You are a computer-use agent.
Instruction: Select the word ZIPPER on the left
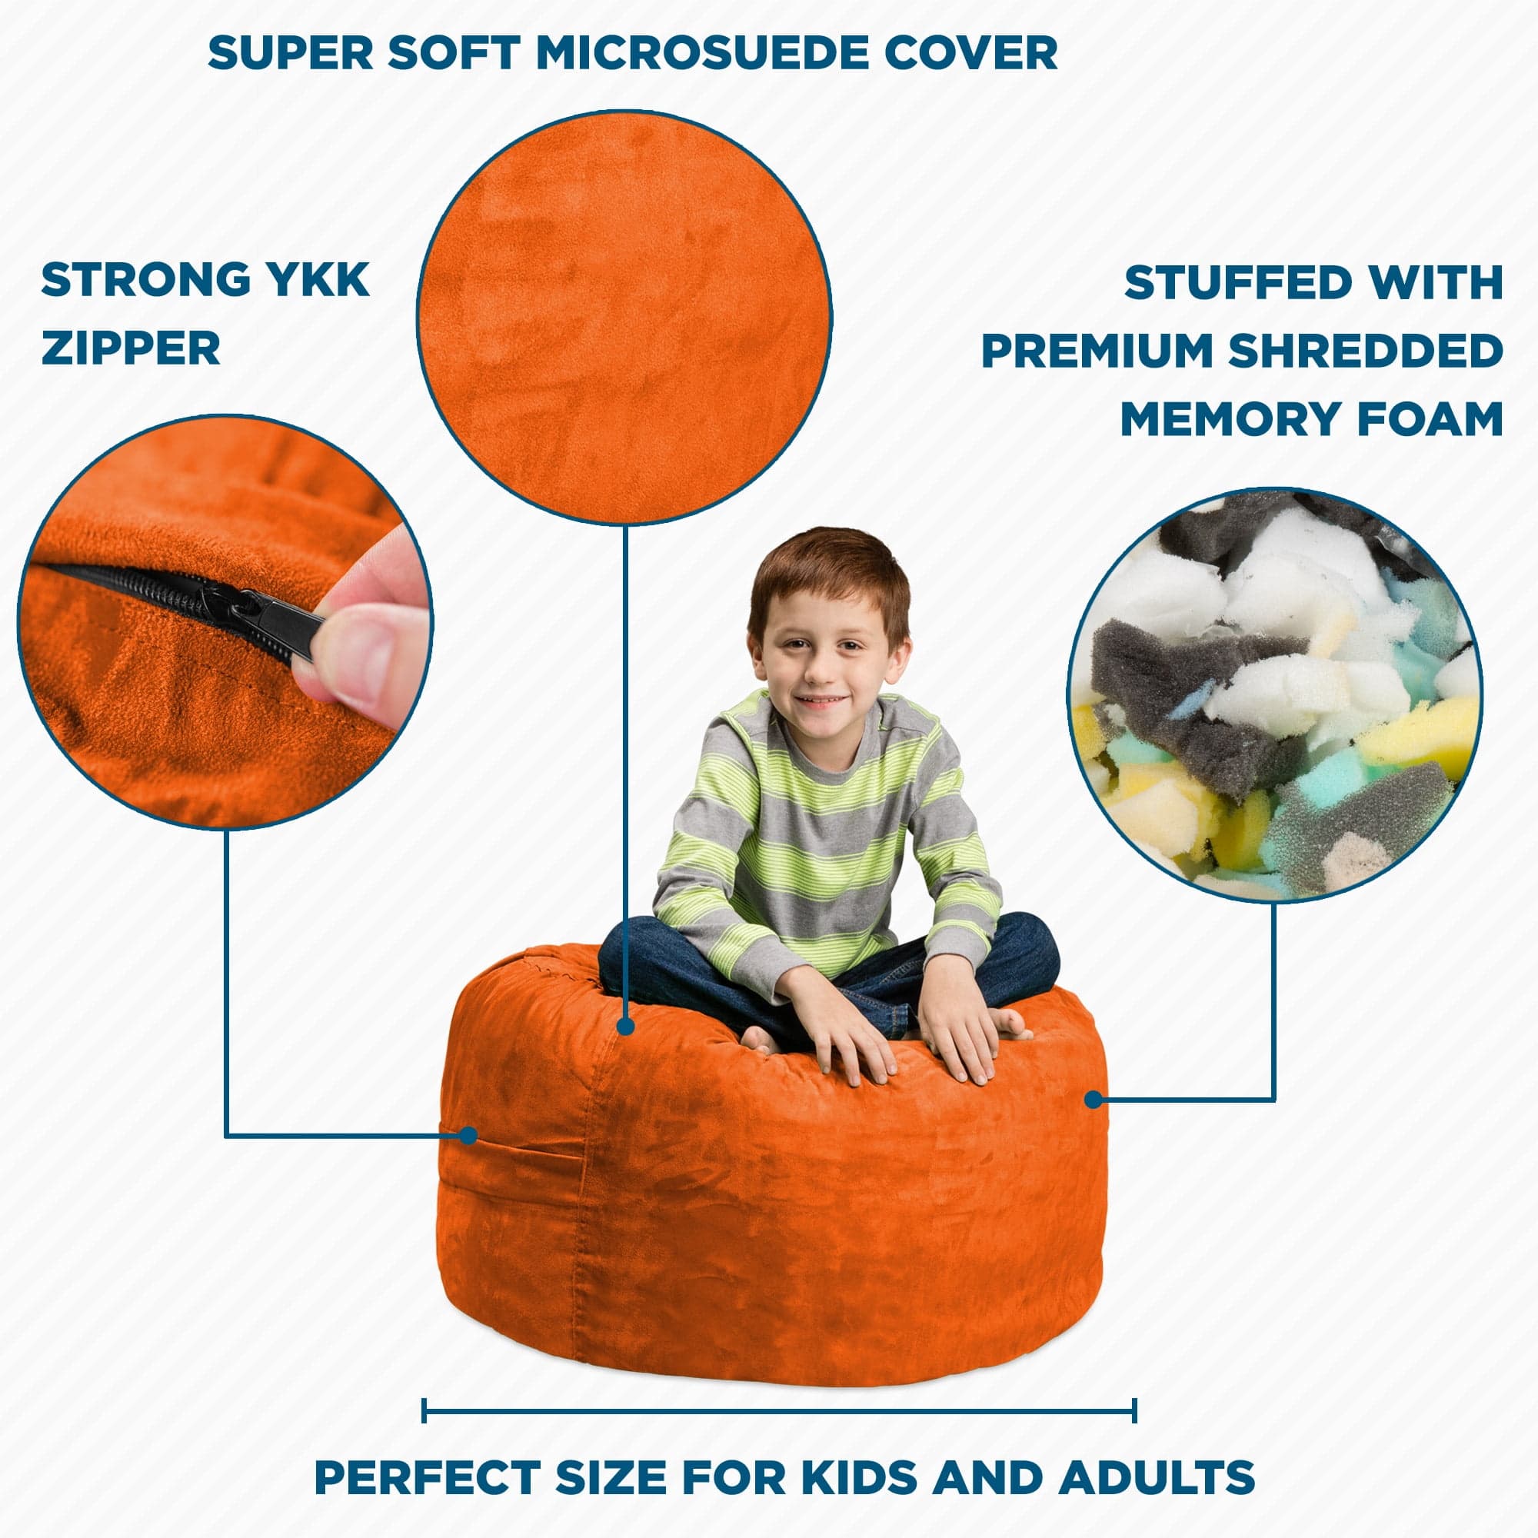[131, 348]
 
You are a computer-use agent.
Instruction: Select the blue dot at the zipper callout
[469, 1134]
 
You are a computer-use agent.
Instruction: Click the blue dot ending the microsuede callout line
[626, 1026]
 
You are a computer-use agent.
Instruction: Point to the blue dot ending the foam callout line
[1094, 1100]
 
